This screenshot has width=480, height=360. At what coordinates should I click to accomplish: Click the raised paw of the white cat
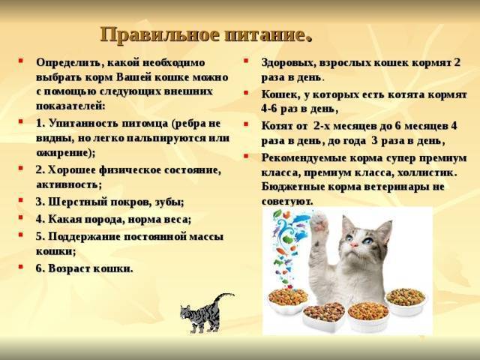(x=320, y=226)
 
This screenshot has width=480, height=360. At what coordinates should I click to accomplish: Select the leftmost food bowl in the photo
(x=287, y=298)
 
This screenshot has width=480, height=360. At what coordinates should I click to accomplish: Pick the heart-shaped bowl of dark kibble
(x=324, y=313)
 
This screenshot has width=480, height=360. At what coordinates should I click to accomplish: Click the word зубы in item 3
(x=166, y=201)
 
